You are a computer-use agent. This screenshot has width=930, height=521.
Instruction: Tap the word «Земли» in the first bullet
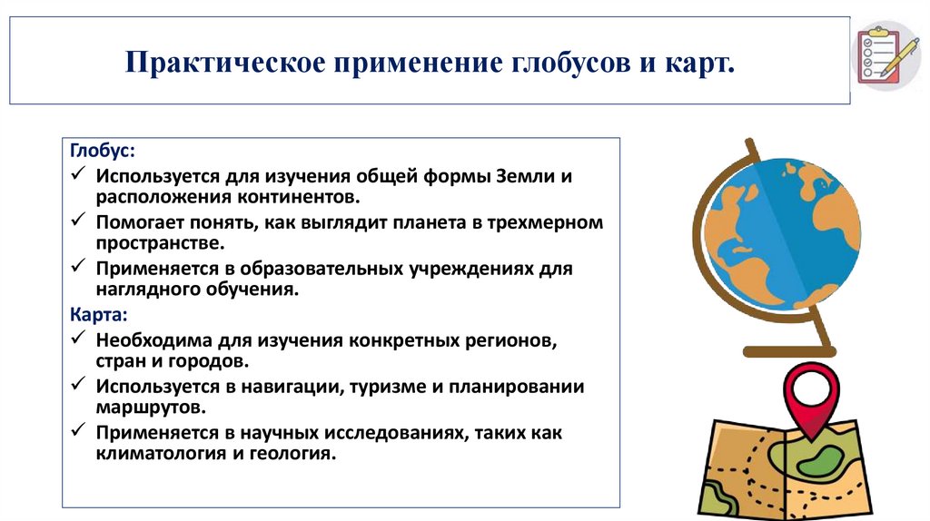pyautogui.click(x=528, y=175)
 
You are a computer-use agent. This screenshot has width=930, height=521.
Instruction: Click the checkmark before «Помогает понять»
pyautogui.click(x=78, y=221)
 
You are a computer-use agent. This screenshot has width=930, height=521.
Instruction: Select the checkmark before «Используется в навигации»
pyautogui.click(x=78, y=387)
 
